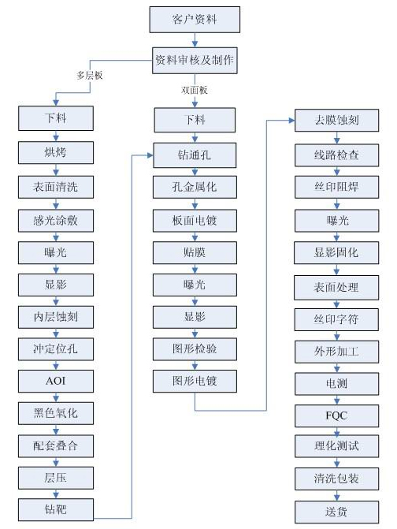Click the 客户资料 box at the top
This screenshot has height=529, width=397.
tap(195, 20)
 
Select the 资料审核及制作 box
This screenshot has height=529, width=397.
tap(195, 61)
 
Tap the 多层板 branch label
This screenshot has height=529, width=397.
tap(90, 75)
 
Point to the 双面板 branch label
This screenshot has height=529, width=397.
tap(195, 90)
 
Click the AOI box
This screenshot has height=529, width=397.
tap(56, 381)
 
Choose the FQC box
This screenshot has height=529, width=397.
tap(336, 415)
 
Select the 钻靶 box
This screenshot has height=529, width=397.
tap(56, 509)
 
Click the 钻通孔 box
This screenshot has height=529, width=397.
tap(195, 155)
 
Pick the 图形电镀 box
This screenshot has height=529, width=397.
tap(195, 381)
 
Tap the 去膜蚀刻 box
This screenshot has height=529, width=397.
tap(336, 120)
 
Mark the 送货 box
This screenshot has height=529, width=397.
tap(336, 512)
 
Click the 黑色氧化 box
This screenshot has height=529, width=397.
tap(56, 413)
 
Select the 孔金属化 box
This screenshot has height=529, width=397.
tap(195, 187)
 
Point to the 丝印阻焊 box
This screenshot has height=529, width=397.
tap(336, 187)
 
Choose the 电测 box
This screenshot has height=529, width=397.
tap(336, 384)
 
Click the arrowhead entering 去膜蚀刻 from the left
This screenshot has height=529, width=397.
tap(292, 120)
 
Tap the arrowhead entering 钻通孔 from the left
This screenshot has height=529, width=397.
tap(150, 155)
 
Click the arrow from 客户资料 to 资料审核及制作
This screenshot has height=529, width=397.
tap(195, 40)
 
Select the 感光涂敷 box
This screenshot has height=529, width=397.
tap(56, 221)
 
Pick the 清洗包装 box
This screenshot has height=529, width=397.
tap(336, 479)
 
